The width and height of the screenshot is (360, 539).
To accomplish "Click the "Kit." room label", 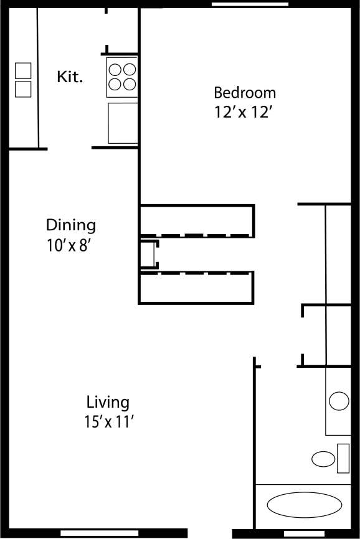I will click(x=70, y=77).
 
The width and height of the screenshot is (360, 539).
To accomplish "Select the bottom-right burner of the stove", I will click(x=129, y=84).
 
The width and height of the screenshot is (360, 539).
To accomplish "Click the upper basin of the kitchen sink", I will click(x=23, y=70).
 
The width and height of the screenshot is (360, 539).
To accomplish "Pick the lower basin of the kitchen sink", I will click(x=23, y=89).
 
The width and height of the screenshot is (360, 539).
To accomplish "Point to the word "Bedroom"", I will click(x=244, y=93).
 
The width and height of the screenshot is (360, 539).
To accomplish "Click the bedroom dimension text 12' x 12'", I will click(x=244, y=113).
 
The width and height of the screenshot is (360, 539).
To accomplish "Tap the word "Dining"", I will click(x=71, y=225).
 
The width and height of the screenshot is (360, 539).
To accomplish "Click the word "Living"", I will click(x=108, y=401).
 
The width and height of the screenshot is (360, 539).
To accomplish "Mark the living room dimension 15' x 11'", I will click(x=110, y=421).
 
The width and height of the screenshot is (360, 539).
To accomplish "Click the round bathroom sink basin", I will click(x=339, y=401).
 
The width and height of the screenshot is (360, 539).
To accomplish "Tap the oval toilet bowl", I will click(x=323, y=460).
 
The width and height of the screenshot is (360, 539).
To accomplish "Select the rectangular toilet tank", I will click(x=343, y=458).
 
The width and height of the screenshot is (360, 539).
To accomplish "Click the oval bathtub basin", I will click(x=304, y=504).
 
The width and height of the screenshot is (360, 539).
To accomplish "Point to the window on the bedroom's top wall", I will click(x=249, y=4).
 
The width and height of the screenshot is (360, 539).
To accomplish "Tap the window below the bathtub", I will click(x=296, y=534).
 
